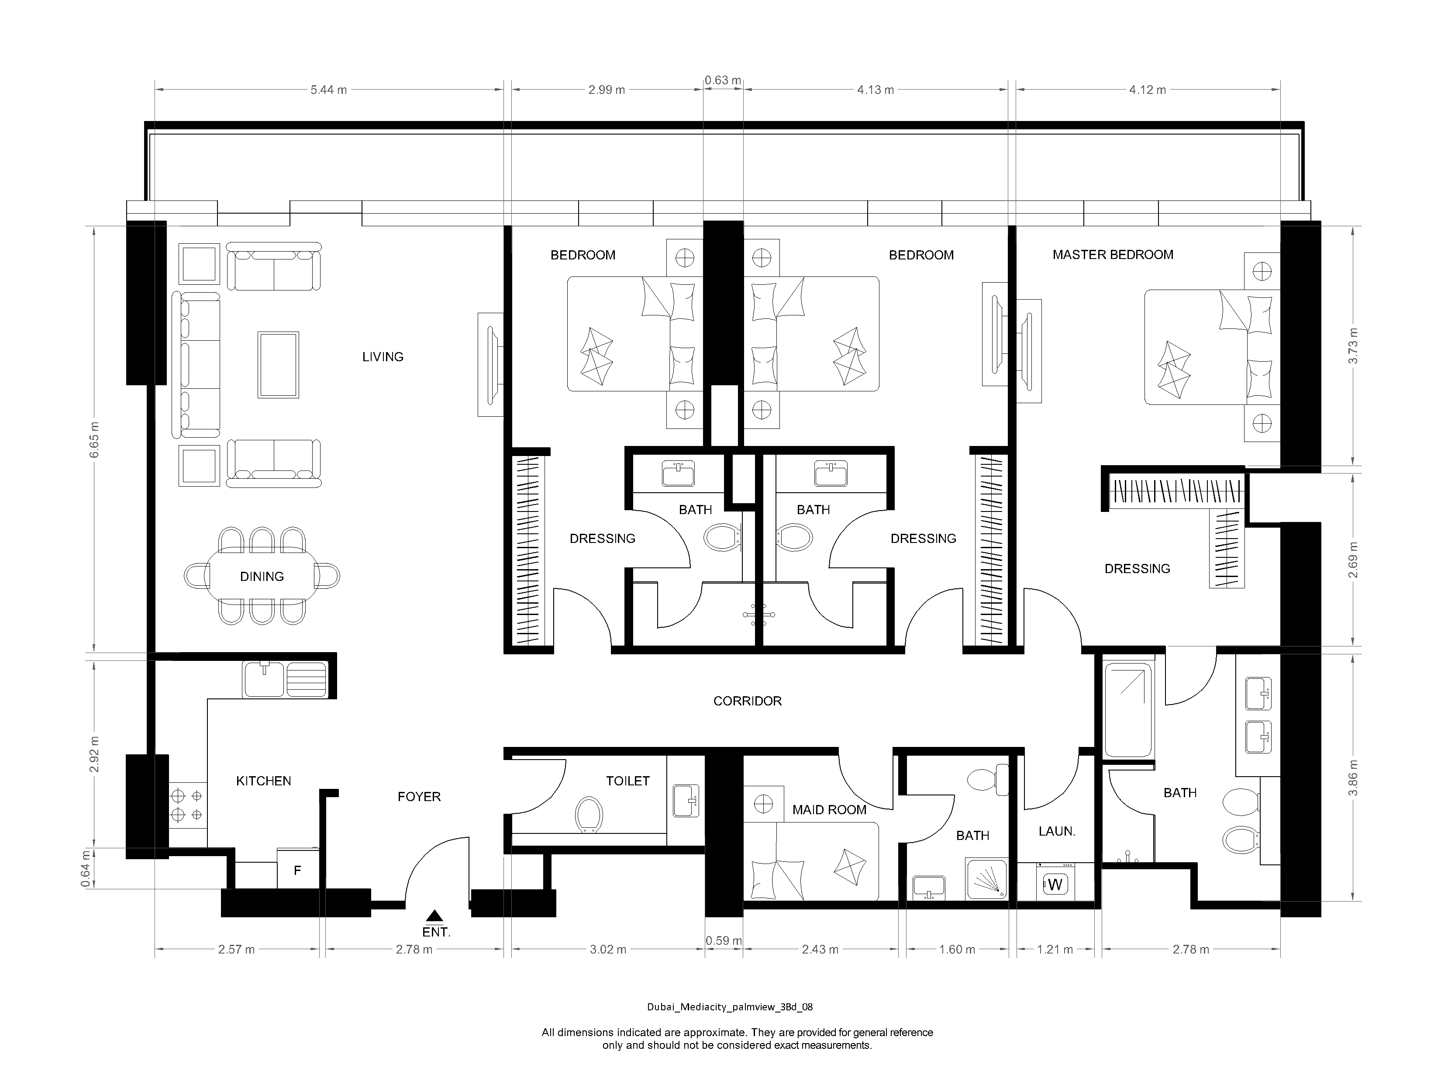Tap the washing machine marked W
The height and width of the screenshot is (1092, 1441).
click(x=1055, y=884)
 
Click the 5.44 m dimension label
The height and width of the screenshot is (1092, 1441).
click(x=328, y=90)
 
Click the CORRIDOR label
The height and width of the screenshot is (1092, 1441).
click(x=747, y=701)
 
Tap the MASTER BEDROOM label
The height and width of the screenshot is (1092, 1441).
click(x=1113, y=255)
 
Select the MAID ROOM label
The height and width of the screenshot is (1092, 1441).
click(x=829, y=810)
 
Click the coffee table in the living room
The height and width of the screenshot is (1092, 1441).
click(x=278, y=365)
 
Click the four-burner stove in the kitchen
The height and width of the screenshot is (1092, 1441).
click(x=187, y=805)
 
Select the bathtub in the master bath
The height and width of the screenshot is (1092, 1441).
click(x=1127, y=710)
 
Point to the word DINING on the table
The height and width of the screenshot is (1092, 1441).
click(x=262, y=577)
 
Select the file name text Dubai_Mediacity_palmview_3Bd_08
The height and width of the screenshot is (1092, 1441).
click(x=730, y=1007)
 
